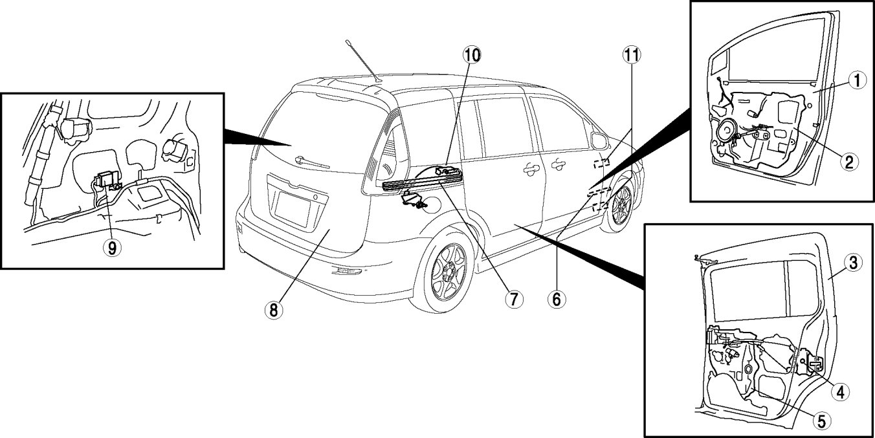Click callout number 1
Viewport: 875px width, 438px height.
(856, 81)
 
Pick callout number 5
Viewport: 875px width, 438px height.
(821, 421)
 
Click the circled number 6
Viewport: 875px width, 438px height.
(556, 299)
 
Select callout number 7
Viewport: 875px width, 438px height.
(514, 299)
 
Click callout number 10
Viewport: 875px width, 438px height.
(472, 55)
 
